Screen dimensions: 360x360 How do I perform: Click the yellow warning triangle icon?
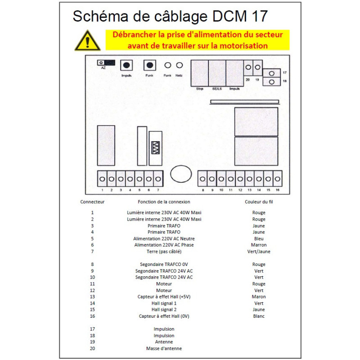[x=87, y=41]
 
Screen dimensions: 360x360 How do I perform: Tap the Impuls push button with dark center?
[x=126, y=66]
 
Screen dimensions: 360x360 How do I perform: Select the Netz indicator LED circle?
[x=179, y=66]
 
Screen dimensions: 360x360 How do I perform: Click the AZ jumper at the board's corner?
[x=107, y=63]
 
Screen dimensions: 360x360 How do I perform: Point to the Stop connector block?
[x=200, y=73]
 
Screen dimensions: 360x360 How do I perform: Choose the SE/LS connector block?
[x=217, y=73]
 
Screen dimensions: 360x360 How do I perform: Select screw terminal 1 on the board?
[x=103, y=179]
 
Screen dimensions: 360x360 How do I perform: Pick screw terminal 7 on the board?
[x=158, y=179]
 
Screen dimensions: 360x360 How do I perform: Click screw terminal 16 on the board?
[x=277, y=179]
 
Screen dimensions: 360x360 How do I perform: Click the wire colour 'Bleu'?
[x=259, y=238]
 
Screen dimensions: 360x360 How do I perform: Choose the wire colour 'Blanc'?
[x=259, y=316]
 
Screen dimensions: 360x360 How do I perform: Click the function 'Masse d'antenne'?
[x=164, y=348]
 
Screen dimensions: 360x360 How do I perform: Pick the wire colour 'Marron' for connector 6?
[x=259, y=245]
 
